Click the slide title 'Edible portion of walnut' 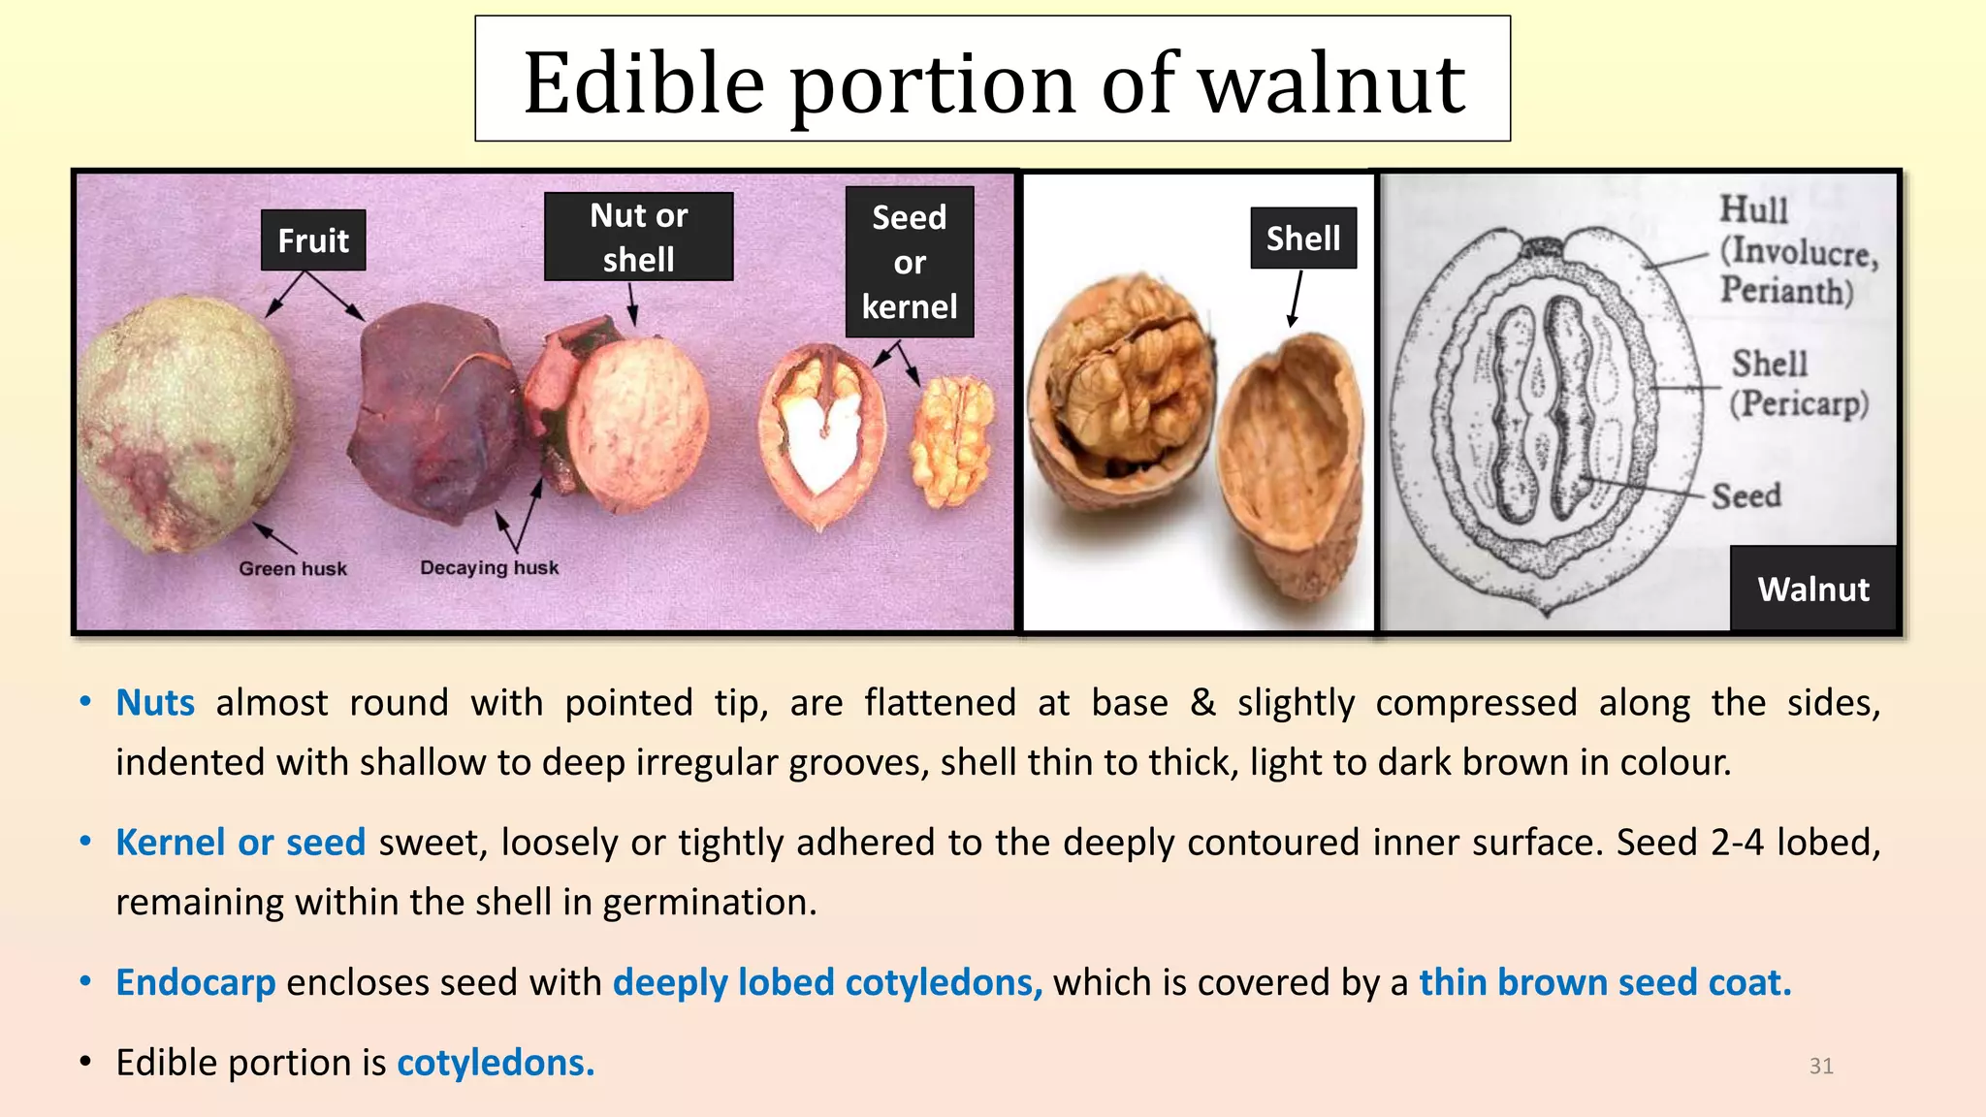click(x=992, y=81)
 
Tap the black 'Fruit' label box click(x=313, y=240)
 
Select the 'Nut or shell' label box click(x=638, y=238)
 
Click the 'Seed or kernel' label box click(x=909, y=262)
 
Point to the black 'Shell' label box click(x=1302, y=239)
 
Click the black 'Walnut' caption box click(x=1812, y=589)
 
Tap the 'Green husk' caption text click(x=293, y=569)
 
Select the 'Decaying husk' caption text click(x=489, y=567)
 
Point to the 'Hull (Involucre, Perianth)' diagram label click(x=1796, y=250)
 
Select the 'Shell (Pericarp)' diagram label click(x=1798, y=384)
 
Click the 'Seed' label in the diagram click(x=1746, y=495)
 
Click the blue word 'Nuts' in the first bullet click(x=155, y=703)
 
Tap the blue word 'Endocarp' click(x=196, y=983)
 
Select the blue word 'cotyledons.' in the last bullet click(x=496, y=1063)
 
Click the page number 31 click(x=1820, y=1066)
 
